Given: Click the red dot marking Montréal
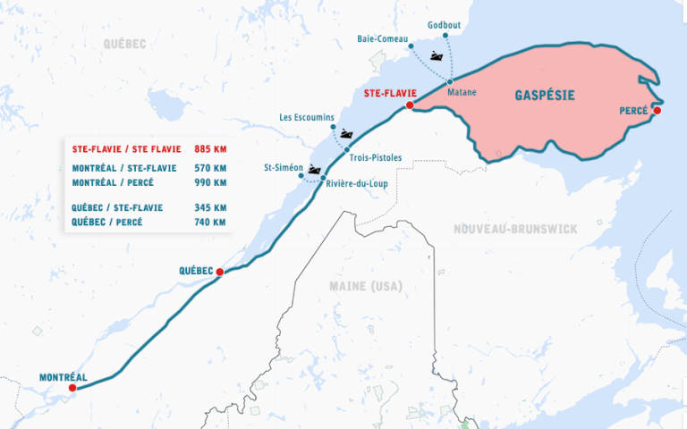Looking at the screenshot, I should pos(73,388).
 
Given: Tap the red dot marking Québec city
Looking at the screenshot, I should pos(219,272).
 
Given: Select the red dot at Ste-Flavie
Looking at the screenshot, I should pos(409,105).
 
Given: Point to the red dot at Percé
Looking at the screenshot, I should pos(657,111).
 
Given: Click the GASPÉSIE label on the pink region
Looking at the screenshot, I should pos(544,95).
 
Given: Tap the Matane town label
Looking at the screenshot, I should pos(462,92).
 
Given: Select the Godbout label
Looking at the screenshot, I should pos(444,25).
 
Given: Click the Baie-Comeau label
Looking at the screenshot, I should pos(383,39).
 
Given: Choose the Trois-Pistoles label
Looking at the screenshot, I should pos(376,158).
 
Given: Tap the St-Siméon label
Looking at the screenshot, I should pos(284,168).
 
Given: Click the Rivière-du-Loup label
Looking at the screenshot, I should pos(357,185).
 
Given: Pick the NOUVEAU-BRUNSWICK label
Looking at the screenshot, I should pos(514,230).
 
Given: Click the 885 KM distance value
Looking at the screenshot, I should pos(210,148).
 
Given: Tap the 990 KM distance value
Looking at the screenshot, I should pos(210,182).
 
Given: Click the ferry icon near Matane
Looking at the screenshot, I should pos(437,56).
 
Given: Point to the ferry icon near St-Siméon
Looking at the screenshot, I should pos(314,169).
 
